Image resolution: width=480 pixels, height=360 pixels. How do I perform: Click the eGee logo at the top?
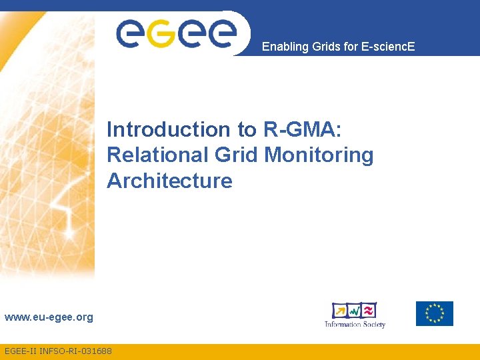pyautogui.click(x=177, y=33)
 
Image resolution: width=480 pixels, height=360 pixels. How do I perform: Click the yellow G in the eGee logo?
pyautogui.click(x=159, y=33)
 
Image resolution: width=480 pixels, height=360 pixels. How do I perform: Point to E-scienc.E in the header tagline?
pyautogui.click(x=387, y=47)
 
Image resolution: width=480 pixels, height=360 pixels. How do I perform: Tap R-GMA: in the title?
pyautogui.click(x=299, y=129)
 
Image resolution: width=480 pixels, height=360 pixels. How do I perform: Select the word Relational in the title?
pyautogui.click(x=157, y=155)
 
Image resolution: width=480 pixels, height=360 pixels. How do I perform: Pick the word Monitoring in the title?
pyautogui.click(x=319, y=155)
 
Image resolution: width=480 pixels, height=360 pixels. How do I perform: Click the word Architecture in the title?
pyautogui.click(x=169, y=181)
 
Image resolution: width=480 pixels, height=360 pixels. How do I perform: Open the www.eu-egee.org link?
pyautogui.click(x=49, y=317)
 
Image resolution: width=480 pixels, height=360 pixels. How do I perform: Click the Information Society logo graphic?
pyautogui.click(x=354, y=310)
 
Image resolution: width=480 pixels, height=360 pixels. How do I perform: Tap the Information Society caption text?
pyautogui.click(x=355, y=325)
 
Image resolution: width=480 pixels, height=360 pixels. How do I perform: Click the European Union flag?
pyautogui.click(x=434, y=313)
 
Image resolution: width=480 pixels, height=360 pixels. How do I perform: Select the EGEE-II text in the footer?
pyautogui.click(x=19, y=351)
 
